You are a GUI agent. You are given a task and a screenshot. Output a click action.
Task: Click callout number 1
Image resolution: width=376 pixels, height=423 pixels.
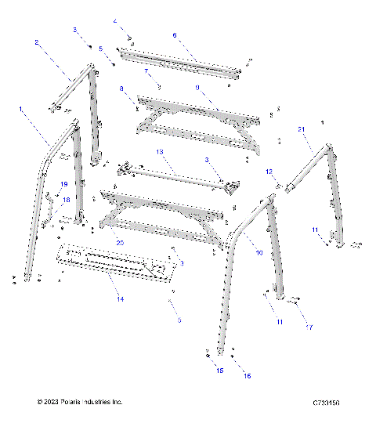coord(21,109)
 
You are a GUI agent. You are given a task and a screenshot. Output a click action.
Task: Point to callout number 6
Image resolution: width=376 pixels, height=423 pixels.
coord(175,35)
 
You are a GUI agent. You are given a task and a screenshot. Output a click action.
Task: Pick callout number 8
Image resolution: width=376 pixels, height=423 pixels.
coord(122,90)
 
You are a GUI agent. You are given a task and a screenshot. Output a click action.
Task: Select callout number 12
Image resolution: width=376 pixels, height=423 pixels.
coord(268,172)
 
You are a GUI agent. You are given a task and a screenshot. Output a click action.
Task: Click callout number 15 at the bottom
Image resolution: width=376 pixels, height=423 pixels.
coord(219,369)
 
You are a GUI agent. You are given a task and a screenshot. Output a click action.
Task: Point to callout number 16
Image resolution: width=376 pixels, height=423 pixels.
coord(248,376)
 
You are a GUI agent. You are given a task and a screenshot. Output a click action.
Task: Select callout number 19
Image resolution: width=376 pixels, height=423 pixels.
coord(64,184)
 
